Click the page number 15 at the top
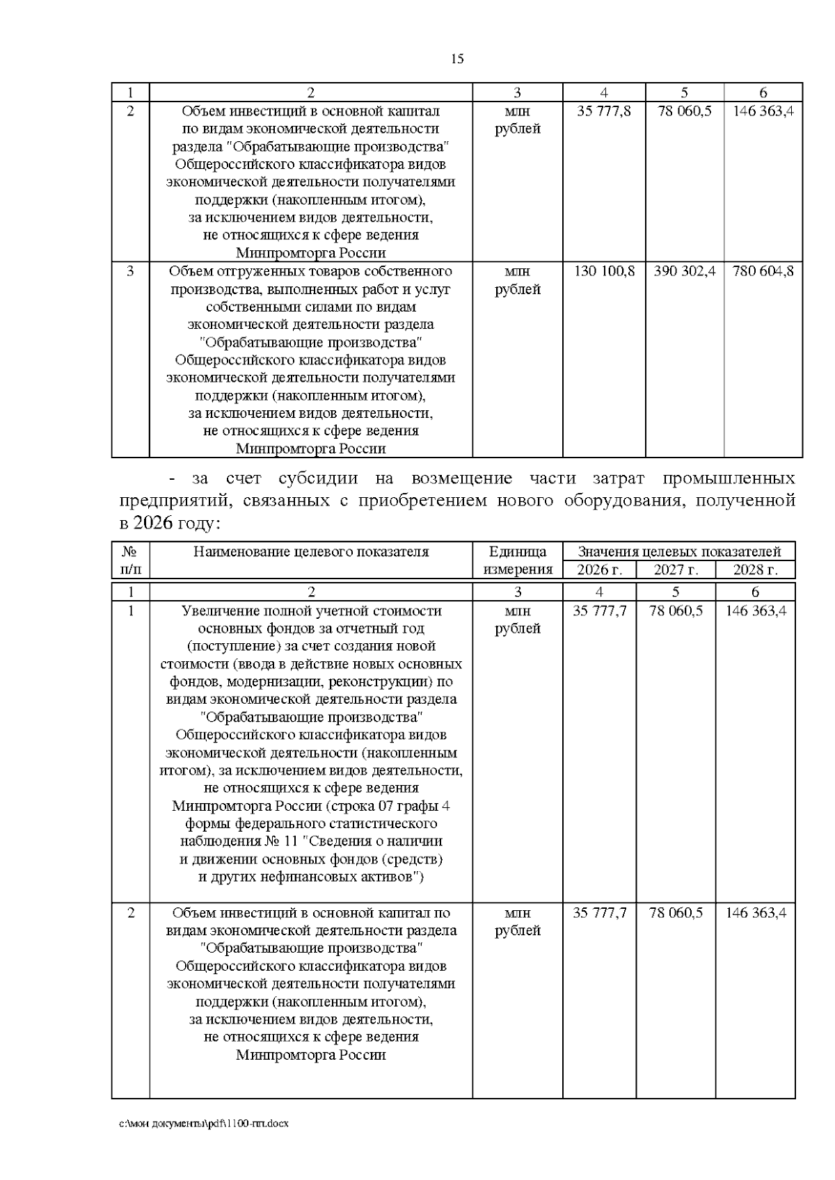[x=457, y=59]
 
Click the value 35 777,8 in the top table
[x=604, y=111]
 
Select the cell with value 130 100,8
[x=604, y=271]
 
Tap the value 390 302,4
[x=685, y=271]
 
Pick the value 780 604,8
[x=763, y=271]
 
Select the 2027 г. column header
[x=675, y=569]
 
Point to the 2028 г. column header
[x=755, y=569]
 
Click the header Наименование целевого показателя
[x=311, y=552]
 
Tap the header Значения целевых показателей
[x=679, y=552]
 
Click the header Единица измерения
[x=518, y=560]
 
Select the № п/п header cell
[x=130, y=560]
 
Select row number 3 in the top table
[x=130, y=271]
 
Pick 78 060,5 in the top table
[x=685, y=111]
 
